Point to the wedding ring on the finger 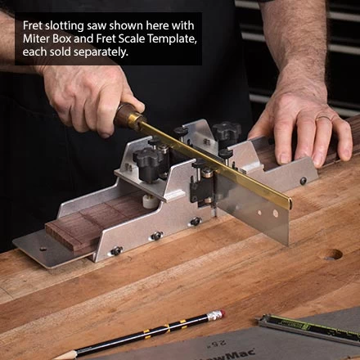(322, 118)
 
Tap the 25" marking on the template (218, 343)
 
